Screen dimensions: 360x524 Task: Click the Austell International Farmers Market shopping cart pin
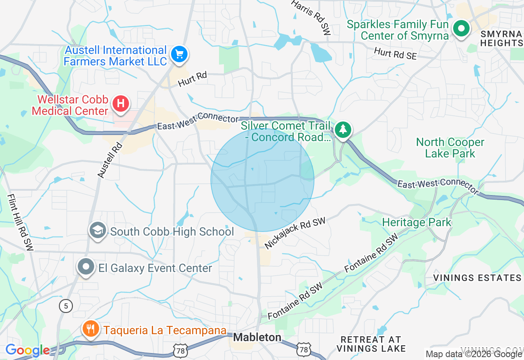[179, 54]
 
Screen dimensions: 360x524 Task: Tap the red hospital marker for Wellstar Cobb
[121, 103]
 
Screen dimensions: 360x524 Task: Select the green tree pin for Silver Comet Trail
[343, 129]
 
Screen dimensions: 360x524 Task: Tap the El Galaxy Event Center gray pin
[86, 267]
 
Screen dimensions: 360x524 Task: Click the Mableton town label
[257, 337]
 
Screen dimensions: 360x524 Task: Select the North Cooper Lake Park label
[450, 148]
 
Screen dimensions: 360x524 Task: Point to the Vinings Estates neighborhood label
[477, 278]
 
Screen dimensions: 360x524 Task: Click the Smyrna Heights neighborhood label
[501, 38]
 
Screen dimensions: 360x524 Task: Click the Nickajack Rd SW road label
[295, 234]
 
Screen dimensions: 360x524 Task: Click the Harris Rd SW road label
[311, 17]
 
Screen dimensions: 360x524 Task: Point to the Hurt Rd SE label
[395, 54]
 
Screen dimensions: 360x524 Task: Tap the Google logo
[27, 350]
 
